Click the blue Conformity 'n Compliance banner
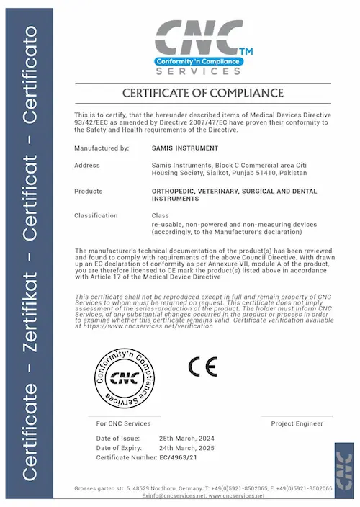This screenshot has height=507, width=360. (199, 62)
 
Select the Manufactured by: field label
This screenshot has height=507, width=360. (102, 148)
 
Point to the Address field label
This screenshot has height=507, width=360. (87, 166)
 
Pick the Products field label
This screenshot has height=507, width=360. (89, 191)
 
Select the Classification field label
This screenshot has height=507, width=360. (96, 215)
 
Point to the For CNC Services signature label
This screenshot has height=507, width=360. (123, 423)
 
